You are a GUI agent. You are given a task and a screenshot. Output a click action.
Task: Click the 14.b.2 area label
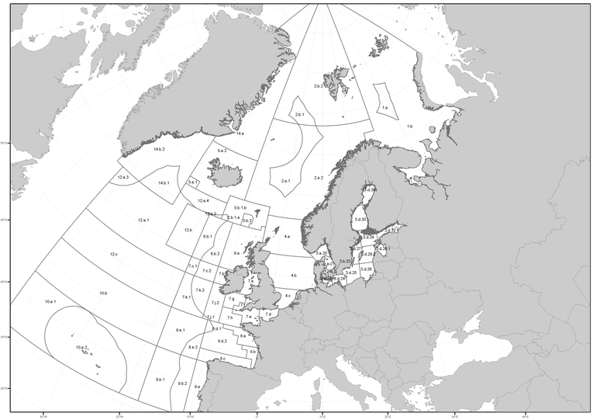pos(160,148)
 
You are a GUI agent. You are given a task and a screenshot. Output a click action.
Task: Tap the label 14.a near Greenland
pos(240,134)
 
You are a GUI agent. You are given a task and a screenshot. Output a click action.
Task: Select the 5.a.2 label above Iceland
pos(222,151)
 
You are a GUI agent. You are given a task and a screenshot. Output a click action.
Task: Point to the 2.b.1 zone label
pos(299,115)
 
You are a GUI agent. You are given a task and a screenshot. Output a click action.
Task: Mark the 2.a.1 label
pos(284,180)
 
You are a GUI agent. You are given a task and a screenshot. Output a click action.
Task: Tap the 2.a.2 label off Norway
pos(318,178)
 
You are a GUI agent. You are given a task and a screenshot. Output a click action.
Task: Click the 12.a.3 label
pos(123,177)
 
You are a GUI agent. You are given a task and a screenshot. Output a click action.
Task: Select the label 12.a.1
pos(143,220)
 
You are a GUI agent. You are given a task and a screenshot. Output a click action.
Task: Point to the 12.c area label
pos(114,254)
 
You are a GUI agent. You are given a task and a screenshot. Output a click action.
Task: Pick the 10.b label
pos(103,293)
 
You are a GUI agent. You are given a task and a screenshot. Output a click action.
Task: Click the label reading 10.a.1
pos(50,300)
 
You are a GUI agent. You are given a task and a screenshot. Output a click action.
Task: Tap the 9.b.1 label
pos(160,379)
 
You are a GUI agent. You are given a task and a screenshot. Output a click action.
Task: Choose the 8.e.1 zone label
pos(181,330)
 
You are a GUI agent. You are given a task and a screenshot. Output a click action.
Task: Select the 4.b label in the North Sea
pos(294,276)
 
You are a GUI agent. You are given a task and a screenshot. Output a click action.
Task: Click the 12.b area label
pos(188,230)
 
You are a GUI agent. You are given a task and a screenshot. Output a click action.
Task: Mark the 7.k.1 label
pos(186,297)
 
